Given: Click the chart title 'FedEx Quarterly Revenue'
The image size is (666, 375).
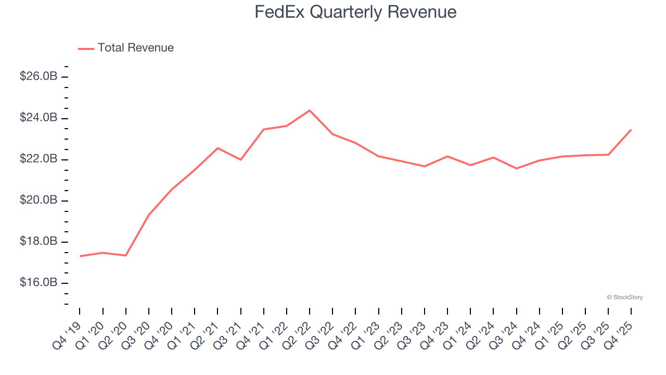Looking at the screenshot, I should [x=355, y=11].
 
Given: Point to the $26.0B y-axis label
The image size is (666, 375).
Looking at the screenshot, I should [x=39, y=77].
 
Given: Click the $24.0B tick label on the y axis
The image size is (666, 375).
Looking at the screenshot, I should [x=39, y=118].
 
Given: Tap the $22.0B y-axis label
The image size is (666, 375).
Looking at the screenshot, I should [x=39, y=159].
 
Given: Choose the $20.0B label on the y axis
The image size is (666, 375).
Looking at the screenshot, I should [x=39, y=201].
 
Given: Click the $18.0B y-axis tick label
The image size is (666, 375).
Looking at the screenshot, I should [x=39, y=242].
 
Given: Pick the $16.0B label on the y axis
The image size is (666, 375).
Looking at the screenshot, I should [x=39, y=283].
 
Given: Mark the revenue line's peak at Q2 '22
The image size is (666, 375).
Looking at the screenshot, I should [x=310, y=110].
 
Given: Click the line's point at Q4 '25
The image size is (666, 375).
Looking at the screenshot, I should [x=631, y=130].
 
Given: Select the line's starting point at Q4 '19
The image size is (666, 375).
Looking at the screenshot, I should [x=80, y=256].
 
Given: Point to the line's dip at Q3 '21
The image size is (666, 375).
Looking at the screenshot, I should [x=240, y=159].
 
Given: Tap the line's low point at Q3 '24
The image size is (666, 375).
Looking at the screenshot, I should [x=516, y=168].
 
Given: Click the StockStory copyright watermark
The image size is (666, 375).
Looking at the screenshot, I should [x=624, y=297].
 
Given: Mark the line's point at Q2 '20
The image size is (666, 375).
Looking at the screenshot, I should [x=126, y=255].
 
